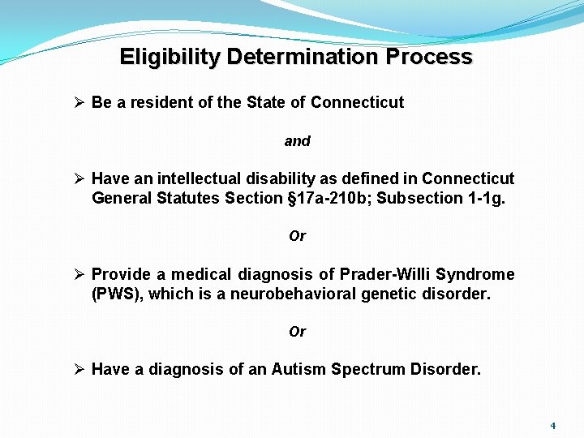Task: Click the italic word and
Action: click(x=297, y=141)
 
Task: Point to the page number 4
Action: click(x=553, y=425)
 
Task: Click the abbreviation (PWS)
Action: click(x=118, y=294)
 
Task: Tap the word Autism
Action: click(x=298, y=370)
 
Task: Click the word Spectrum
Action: click(x=361, y=370)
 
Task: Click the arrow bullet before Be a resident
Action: click(x=79, y=103)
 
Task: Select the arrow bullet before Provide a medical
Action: click(x=79, y=274)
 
